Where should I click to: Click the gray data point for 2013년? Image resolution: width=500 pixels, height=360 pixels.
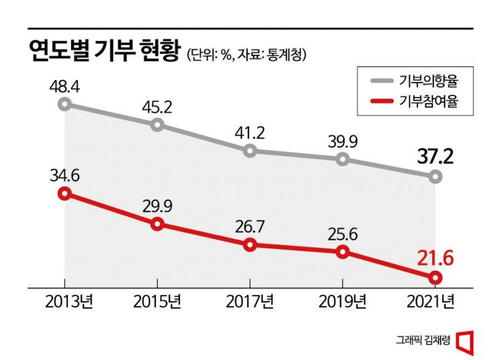(64, 104)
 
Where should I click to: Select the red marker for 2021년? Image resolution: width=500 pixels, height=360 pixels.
(435, 277)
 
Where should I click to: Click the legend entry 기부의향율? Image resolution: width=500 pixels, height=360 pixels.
(432, 81)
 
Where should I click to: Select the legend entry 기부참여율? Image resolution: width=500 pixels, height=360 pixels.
(432, 101)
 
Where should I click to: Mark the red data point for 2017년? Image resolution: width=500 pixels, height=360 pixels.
(250, 245)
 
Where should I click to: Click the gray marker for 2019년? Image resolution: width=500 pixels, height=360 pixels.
(342, 159)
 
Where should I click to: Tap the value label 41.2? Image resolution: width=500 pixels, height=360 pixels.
(250, 132)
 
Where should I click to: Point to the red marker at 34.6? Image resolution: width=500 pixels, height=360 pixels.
(64, 194)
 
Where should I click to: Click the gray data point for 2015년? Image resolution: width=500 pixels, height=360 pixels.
(157, 125)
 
